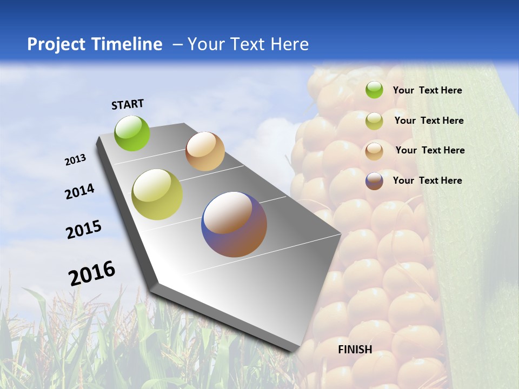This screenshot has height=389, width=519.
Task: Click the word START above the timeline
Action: (128, 104)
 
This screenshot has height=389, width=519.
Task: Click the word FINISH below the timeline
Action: (355, 350)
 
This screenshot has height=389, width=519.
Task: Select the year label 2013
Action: (75, 160)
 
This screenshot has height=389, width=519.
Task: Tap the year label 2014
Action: (79, 192)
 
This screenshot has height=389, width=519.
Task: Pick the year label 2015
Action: (84, 230)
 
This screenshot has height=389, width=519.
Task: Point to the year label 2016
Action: (92, 273)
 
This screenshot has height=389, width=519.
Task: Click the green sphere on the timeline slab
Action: (132, 133)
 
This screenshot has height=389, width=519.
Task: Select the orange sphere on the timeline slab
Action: (205, 151)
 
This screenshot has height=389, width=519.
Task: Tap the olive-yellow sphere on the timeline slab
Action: (157, 194)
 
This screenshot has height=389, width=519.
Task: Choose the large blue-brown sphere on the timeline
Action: (234, 224)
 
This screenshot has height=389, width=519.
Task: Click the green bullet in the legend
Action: (374, 90)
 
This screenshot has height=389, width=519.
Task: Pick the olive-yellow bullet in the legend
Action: (374, 121)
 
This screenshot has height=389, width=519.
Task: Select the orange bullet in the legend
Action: (374, 151)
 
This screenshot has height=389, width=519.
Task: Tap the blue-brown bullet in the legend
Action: (374, 181)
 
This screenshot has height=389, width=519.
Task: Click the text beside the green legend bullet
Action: (427, 90)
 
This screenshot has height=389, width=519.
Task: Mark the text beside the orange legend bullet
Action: (430, 150)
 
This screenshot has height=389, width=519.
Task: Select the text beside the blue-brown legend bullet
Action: (427, 180)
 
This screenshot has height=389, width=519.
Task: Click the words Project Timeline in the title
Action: (95, 44)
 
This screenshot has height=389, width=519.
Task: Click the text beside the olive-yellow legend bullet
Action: (429, 120)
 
